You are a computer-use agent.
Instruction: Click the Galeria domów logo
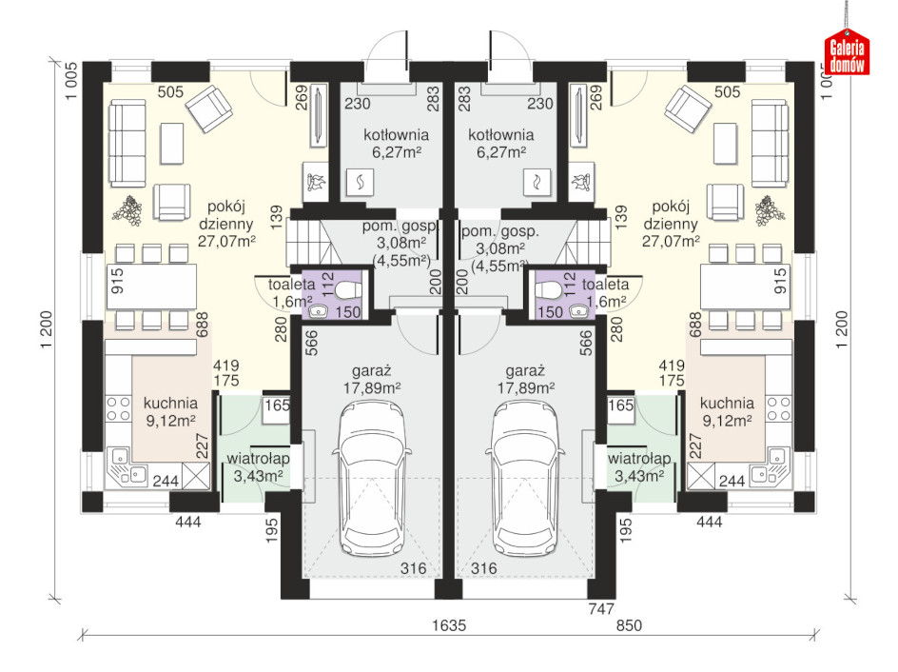coord(847,51)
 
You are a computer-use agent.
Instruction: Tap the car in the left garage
coord(373,479)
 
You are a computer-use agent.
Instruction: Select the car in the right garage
coord(526,479)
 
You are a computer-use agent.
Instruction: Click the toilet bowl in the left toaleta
coord(346,290)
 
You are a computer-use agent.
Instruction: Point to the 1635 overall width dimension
coord(449,625)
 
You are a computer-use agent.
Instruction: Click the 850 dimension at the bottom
coord(629,625)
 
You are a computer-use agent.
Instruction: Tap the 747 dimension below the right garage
coord(601,609)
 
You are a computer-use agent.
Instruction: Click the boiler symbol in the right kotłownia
coord(537,182)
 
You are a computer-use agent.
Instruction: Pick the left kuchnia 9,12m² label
coord(170,411)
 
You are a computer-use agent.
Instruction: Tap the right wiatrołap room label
coord(639,467)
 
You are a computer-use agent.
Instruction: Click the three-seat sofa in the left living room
coord(127,143)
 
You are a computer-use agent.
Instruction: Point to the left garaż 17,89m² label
coord(372,380)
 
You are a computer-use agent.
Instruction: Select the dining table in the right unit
coord(745,287)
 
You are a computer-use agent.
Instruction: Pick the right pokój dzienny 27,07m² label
coord(671,224)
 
